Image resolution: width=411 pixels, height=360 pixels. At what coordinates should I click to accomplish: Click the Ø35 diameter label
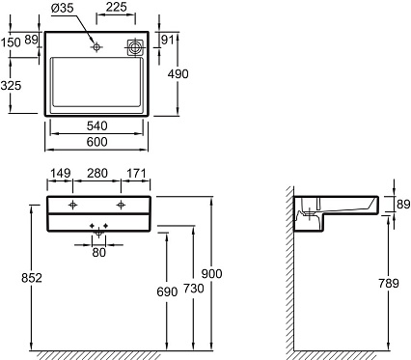pos(63,8)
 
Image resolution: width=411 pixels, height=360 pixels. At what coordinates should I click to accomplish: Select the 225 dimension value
pos(116,7)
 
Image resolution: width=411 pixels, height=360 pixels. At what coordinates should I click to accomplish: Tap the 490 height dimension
pos(178,74)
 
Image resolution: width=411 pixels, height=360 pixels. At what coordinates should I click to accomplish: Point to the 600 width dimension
pos(96,142)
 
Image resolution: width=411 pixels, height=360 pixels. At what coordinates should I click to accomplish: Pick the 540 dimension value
pos(96,125)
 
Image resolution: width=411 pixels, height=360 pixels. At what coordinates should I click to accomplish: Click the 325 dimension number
pos(11,86)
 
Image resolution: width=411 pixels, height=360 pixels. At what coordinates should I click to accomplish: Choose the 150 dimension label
pos(11,42)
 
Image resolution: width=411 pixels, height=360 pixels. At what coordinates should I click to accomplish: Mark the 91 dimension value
pos(167,41)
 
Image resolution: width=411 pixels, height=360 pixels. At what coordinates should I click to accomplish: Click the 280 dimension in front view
pos(96,173)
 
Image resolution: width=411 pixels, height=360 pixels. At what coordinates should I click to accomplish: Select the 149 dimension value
pos(60,173)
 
